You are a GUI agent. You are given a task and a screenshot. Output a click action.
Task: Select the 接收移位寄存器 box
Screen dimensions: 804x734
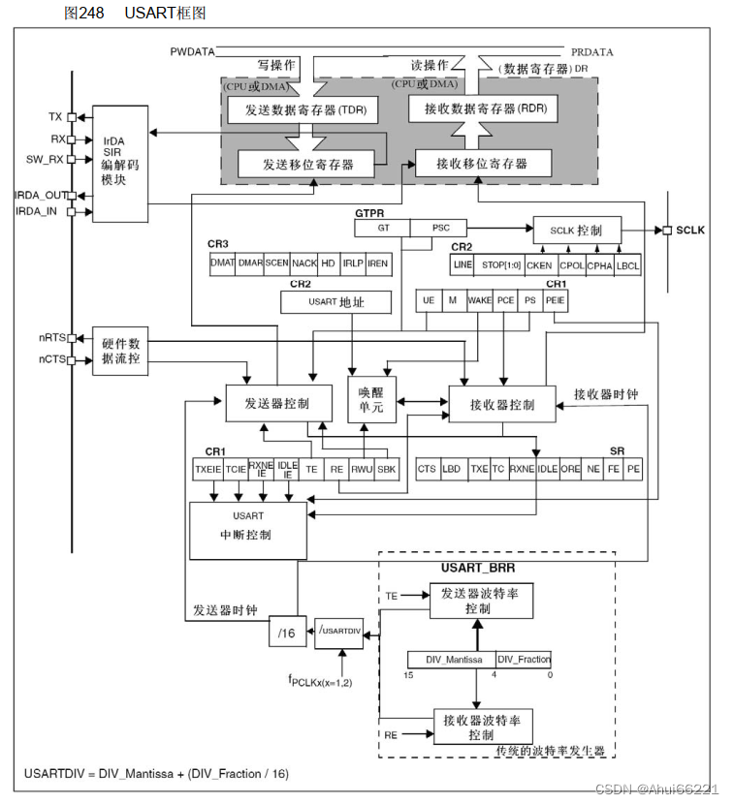tap(482, 162)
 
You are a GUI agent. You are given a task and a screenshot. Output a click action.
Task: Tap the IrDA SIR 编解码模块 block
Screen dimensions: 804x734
tap(119, 164)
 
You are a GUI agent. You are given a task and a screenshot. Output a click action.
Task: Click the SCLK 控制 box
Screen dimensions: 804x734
tap(575, 231)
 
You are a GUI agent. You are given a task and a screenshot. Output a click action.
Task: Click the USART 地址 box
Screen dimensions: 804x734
tap(335, 303)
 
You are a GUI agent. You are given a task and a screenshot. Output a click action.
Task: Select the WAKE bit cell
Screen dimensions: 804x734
tap(479, 300)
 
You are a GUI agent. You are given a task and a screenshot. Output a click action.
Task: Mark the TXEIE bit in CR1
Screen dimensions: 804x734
tap(207, 469)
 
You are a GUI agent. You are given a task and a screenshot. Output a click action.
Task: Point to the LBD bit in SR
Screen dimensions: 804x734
tap(452, 469)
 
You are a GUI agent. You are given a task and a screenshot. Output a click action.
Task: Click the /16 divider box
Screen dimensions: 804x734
tap(286, 632)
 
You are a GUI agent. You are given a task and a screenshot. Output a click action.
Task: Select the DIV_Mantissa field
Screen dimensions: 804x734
tap(452, 659)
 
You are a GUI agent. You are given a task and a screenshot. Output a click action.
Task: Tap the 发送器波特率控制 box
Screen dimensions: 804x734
tap(481, 602)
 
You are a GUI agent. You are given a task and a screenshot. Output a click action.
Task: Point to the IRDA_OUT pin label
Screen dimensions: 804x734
tap(40, 195)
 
